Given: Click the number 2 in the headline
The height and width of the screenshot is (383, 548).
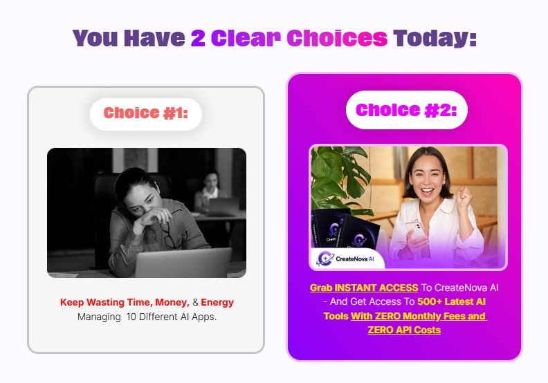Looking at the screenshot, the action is point(198,38).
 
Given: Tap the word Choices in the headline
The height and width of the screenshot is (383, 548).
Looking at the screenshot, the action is point(337,38).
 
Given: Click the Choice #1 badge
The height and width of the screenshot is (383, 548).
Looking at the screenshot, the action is point(146,114).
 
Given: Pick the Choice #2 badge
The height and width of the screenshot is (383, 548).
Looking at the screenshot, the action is point(406,110).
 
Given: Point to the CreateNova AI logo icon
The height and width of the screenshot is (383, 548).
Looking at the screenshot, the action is point(325,259).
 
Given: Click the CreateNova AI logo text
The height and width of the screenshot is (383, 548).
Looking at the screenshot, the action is point(355,259).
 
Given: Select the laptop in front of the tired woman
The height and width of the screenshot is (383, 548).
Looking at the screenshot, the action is point(183,263).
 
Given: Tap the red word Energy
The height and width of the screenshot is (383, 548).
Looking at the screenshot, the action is point(217,302).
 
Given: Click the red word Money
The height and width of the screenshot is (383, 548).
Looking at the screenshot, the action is point(172,302).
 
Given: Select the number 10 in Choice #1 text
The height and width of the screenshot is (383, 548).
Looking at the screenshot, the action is point(131,317).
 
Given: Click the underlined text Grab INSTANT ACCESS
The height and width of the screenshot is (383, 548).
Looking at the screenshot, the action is point(364,288).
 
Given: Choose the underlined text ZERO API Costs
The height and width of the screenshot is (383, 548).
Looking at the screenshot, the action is point(404,330).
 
